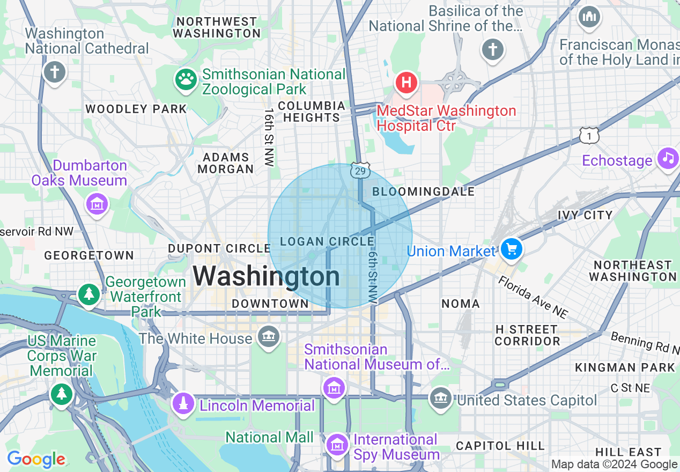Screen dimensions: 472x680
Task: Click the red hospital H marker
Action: [x=406, y=83]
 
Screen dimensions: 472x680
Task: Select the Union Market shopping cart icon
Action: [x=511, y=249]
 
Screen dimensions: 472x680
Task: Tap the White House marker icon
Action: [x=268, y=337]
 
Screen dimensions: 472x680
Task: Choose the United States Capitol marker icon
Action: [x=441, y=398]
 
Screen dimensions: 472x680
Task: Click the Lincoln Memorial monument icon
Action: [x=183, y=403]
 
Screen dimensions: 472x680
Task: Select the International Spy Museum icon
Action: [x=337, y=444]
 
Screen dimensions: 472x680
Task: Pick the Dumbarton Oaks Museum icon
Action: [x=97, y=204]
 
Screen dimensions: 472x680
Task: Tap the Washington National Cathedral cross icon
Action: [x=54, y=71]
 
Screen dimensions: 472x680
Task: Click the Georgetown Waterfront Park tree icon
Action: [x=88, y=293]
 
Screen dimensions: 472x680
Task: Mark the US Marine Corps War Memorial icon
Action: [x=62, y=394]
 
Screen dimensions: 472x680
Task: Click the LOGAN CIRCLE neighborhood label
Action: [x=327, y=242]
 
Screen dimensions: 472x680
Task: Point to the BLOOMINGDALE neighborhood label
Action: [x=424, y=191]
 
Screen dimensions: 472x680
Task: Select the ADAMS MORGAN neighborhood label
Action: [x=226, y=163]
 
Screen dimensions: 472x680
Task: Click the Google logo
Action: [x=36, y=460]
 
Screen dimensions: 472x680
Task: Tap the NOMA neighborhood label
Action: [x=461, y=304]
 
